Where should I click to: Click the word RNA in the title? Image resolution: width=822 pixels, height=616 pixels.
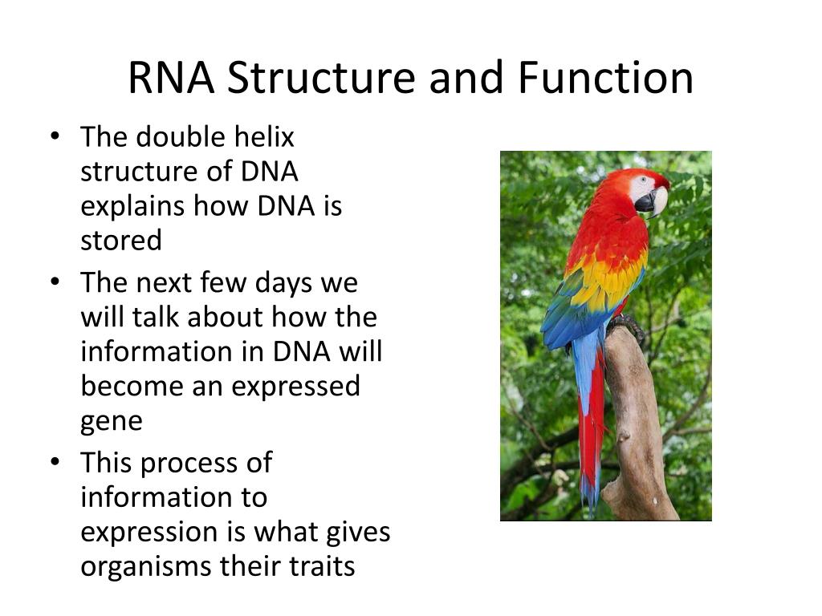coord(171,78)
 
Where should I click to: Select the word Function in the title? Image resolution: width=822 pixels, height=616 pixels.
coord(606,78)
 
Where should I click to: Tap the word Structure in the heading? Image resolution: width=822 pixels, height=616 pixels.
coord(321,78)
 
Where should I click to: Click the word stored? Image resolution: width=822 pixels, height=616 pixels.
coord(121,241)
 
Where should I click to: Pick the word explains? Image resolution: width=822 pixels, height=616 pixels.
coord(132,207)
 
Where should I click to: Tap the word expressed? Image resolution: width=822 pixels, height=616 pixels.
coord(295,387)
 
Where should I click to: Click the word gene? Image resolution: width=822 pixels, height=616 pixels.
coord(111,422)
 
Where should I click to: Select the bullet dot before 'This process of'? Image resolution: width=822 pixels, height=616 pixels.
coord(55,463)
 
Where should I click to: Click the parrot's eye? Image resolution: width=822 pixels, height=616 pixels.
coord(644,180)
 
